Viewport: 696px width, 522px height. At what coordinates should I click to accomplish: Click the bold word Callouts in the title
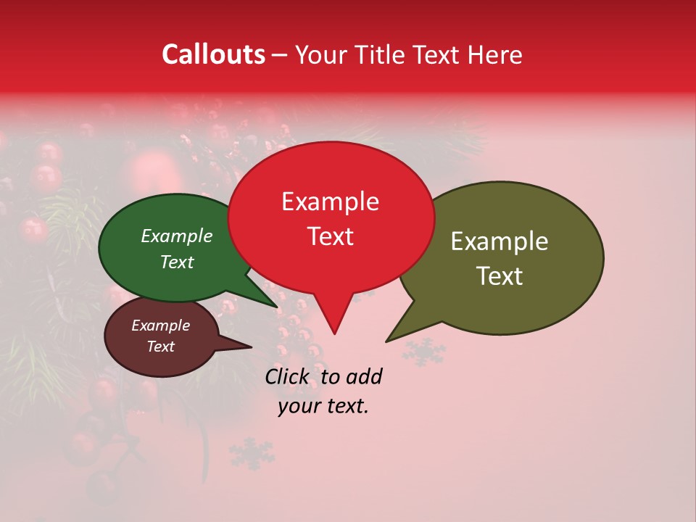point(213,54)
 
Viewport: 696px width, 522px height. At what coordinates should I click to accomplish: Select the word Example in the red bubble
point(330,202)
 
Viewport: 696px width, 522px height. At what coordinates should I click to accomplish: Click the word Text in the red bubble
point(330,236)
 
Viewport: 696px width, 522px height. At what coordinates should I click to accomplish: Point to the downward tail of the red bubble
point(333,319)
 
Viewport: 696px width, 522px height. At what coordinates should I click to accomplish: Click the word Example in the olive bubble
point(500,241)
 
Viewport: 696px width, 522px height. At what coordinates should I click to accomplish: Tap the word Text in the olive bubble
point(500,276)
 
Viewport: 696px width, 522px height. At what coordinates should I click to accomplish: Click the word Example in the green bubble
point(176,236)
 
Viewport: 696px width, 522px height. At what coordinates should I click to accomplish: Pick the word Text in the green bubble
point(176,262)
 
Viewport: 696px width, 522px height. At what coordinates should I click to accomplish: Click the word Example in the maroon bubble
point(160,326)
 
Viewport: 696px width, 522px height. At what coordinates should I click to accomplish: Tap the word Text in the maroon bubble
point(160,347)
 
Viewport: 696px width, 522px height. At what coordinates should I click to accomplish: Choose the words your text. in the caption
point(323,406)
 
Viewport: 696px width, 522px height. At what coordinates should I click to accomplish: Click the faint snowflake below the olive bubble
point(424,351)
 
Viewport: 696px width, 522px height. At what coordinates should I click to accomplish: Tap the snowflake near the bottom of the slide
point(252,453)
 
